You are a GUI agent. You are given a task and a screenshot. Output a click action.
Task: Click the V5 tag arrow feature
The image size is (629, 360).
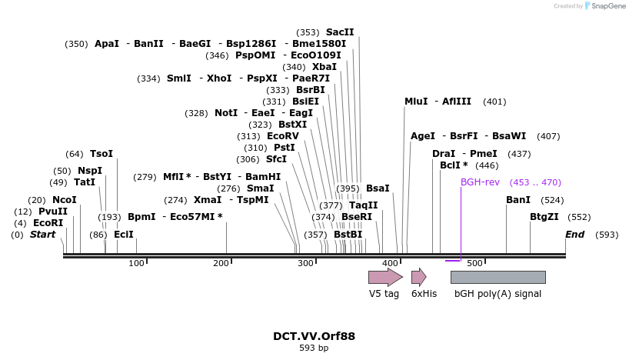384,277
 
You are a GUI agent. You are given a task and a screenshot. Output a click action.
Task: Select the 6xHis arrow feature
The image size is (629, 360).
418,277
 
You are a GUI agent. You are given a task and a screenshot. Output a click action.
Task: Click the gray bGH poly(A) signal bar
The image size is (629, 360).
498,277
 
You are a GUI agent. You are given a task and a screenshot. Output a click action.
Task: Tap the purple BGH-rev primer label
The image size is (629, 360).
479,182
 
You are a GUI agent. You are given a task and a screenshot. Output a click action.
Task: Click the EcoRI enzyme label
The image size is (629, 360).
48,223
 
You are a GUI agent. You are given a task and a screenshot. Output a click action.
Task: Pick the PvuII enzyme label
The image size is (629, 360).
53,212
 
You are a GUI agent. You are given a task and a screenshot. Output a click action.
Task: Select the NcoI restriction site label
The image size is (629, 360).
65,200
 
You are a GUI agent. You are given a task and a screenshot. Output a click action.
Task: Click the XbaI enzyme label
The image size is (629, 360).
324,67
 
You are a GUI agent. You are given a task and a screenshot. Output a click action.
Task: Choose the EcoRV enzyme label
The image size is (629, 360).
281,136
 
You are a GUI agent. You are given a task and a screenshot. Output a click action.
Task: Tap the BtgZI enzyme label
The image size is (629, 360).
544,217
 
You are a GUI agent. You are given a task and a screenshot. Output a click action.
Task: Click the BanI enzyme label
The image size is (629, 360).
518,200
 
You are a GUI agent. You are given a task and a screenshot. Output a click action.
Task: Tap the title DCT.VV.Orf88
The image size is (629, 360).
314,336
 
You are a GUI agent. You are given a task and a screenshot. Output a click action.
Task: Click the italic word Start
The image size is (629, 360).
42,235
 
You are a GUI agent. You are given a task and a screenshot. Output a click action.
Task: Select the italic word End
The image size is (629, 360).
574,235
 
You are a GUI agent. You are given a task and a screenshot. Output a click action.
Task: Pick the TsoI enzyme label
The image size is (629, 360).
102,154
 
